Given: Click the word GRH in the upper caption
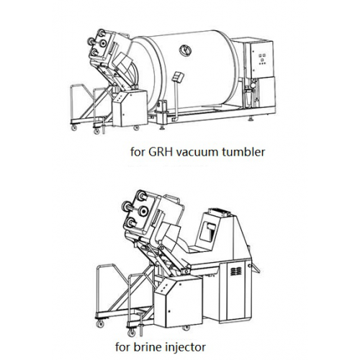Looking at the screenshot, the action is tap(161, 152).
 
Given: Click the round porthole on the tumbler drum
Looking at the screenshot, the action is tap(186, 50).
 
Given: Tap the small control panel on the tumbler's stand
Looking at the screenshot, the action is tap(178, 76).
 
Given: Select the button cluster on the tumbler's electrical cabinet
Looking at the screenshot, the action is tap(262, 59).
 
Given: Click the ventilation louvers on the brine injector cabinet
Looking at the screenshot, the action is tap(236, 271).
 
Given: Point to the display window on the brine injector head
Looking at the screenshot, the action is tap(207, 231).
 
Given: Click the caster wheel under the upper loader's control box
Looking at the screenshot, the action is tap(136, 127).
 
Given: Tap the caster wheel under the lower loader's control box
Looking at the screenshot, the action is tap(186, 328).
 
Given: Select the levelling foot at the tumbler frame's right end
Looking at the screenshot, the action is tap(251, 119).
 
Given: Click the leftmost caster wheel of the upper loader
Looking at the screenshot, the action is tap(74, 127).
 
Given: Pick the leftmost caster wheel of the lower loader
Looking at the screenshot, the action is tap(99, 323).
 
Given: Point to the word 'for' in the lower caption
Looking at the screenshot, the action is tap(122, 347).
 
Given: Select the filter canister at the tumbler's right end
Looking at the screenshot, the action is tap(248, 97).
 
